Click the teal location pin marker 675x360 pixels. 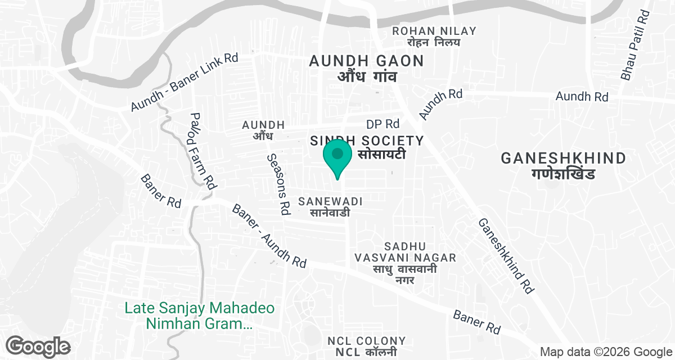coord(337,157)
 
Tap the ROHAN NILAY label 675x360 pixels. coord(434,31)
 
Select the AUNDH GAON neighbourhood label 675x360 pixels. coord(366,61)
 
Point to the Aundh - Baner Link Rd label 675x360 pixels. coord(184,82)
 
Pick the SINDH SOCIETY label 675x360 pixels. coord(366,140)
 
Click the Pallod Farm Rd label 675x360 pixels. coord(203,151)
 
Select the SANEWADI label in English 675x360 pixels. coord(331,201)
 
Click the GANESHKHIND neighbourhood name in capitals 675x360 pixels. coord(564,158)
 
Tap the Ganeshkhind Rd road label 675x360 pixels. coord(506,255)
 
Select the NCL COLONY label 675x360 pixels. coord(366,341)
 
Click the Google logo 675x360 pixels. coord(38,346)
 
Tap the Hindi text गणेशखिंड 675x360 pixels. coord(562,174)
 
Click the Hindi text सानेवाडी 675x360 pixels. coord(330,213)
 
